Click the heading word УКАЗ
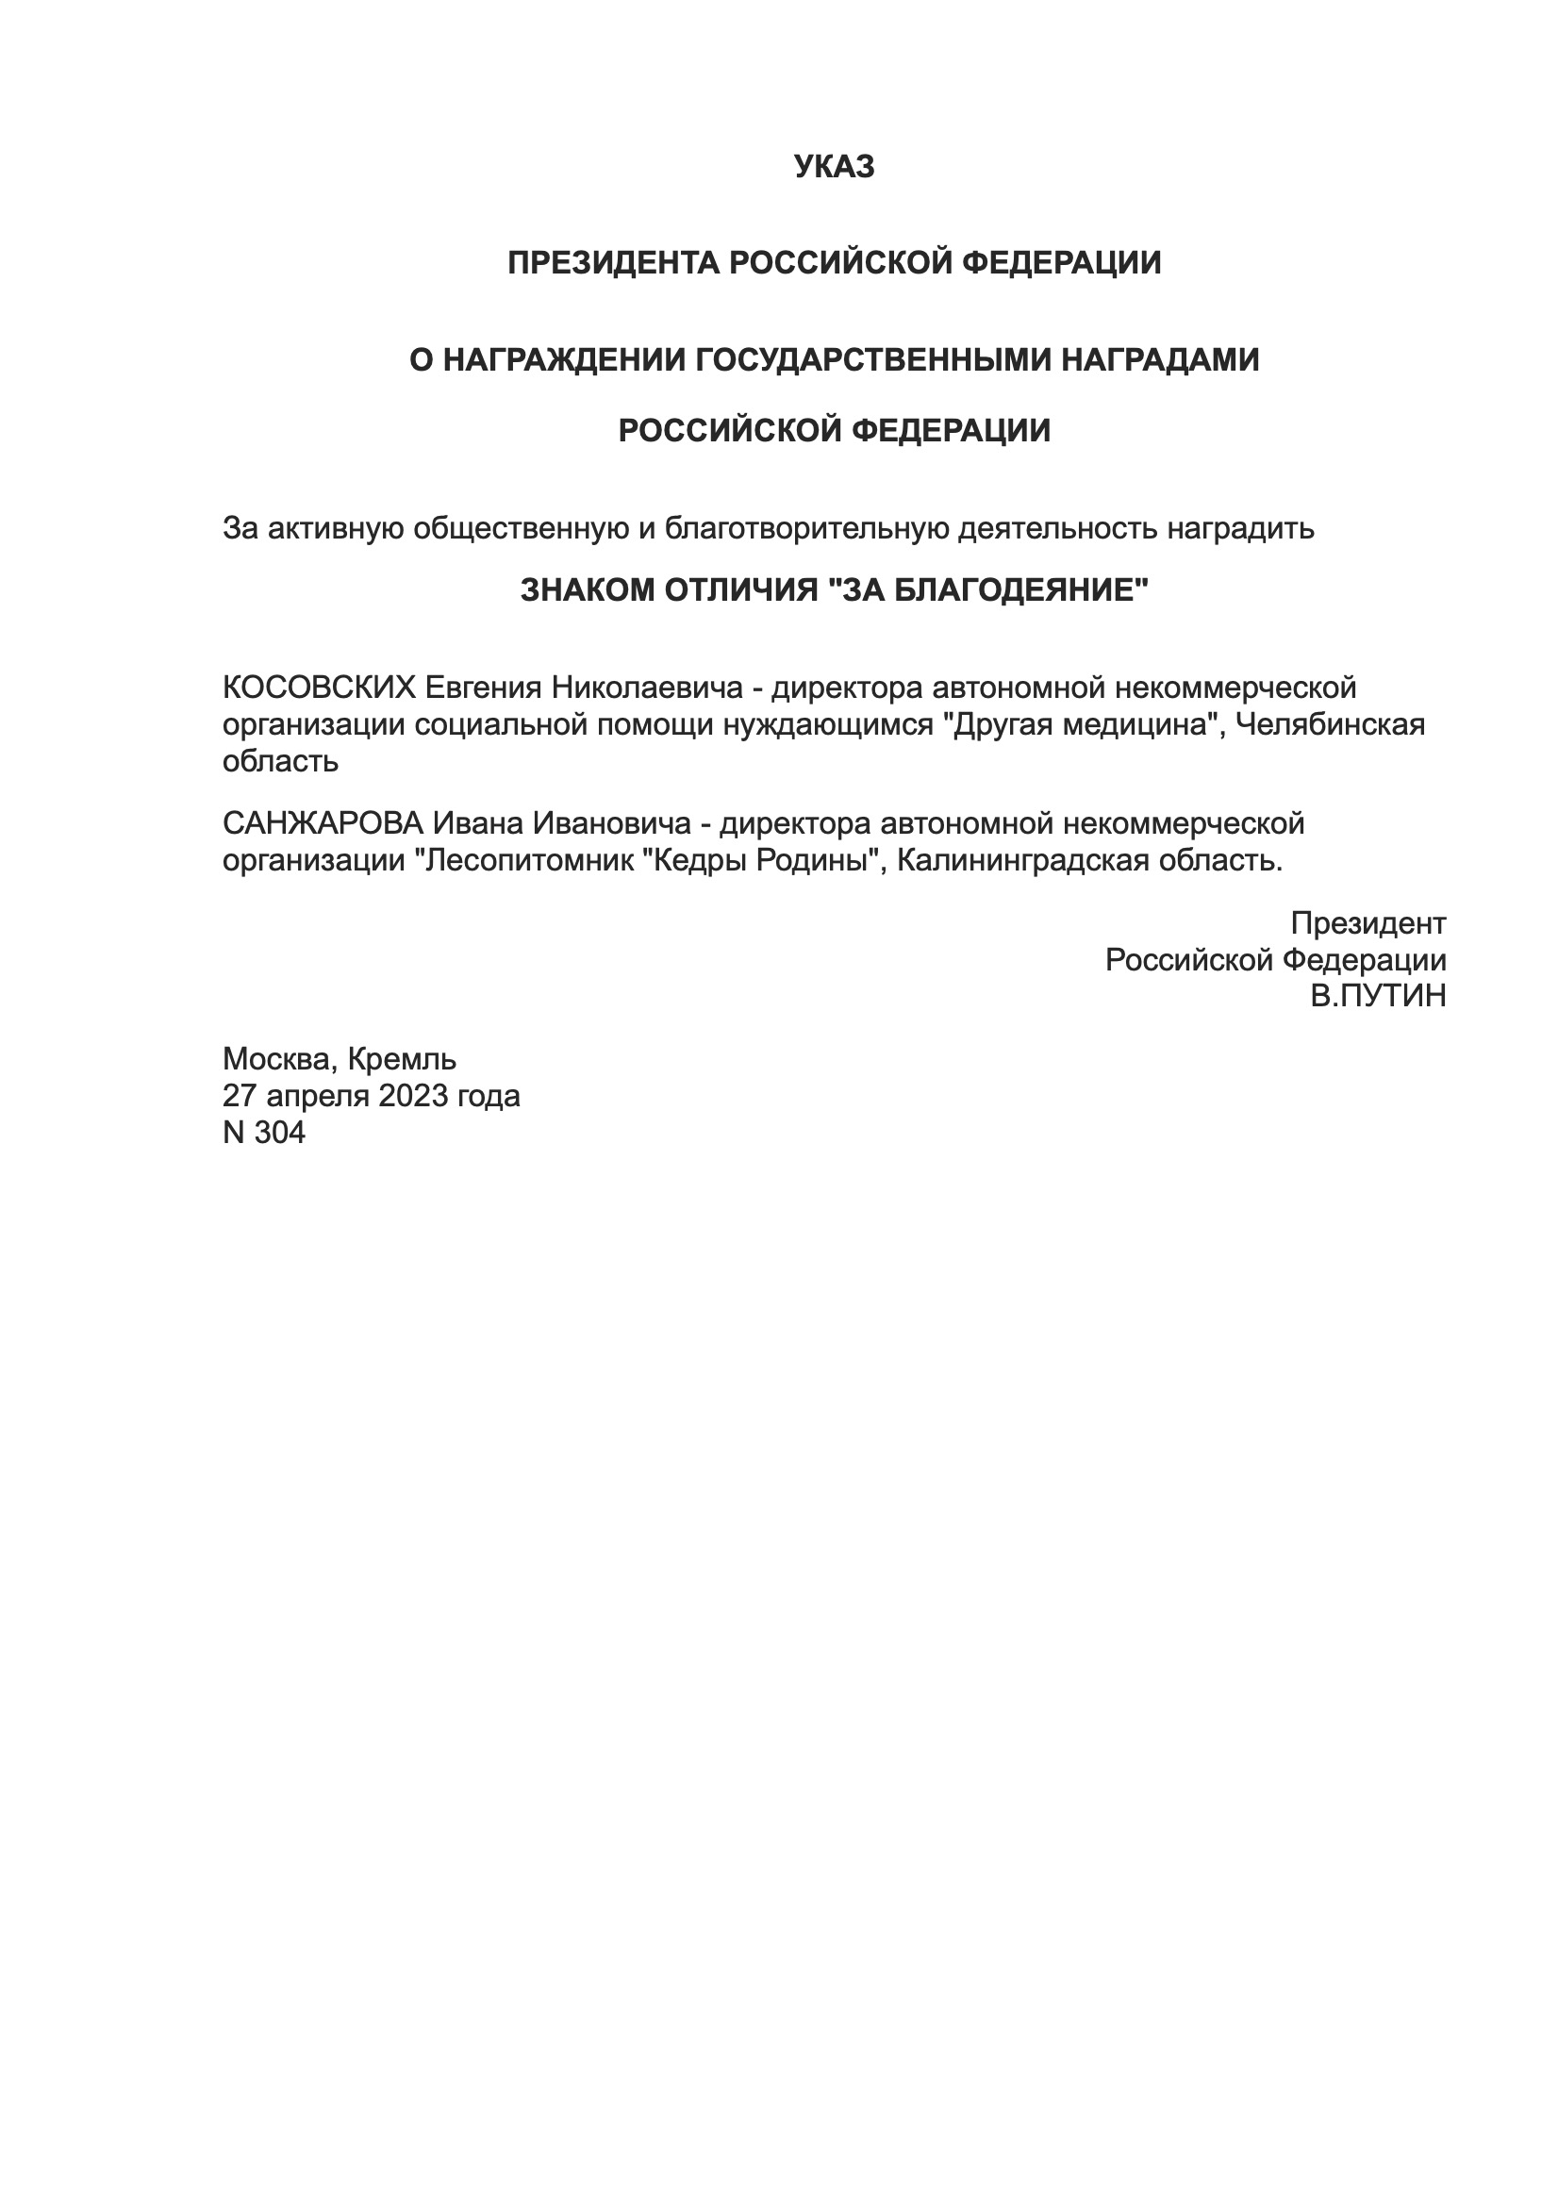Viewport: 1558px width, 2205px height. click(834, 167)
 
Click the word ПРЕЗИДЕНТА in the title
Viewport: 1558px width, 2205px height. click(613, 262)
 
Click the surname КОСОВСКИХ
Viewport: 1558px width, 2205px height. click(319, 688)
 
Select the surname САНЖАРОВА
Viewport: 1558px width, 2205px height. click(323, 823)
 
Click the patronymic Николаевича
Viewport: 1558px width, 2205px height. click(646, 688)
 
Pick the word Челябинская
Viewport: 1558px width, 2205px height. click(1330, 724)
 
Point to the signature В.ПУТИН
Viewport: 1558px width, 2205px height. click(1379, 996)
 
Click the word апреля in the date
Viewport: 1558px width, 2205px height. click(317, 1096)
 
